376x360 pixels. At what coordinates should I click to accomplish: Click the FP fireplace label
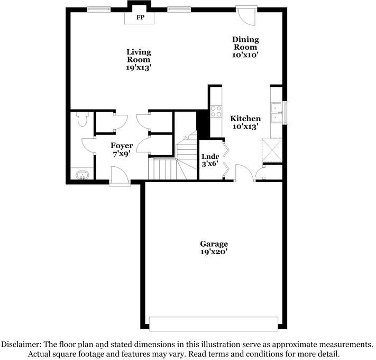[x=140, y=17]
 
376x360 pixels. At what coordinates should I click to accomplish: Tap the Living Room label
[x=139, y=60]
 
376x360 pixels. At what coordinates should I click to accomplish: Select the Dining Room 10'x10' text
[x=245, y=47]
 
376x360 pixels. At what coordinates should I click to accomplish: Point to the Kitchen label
[x=245, y=122]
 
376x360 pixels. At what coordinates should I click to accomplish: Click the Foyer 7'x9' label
[x=121, y=149]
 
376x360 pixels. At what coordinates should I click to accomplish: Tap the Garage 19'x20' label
[x=214, y=248]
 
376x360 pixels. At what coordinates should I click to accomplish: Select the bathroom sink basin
[x=82, y=175]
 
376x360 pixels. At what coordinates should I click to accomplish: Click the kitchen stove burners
[x=216, y=111]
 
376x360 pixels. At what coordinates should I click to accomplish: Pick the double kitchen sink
[x=276, y=111]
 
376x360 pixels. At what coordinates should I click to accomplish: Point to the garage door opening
[x=214, y=323]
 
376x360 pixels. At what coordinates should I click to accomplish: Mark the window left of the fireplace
[x=98, y=8]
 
